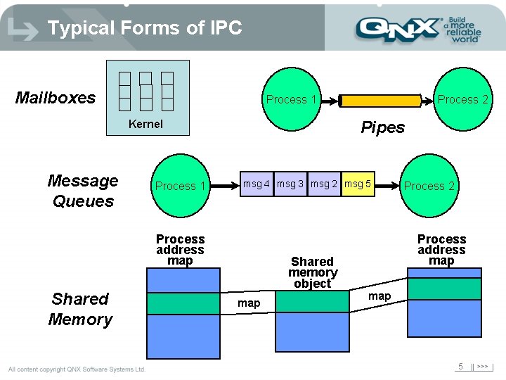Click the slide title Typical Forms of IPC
pyautogui.click(x=144, y=28)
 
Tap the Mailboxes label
pyautogui.click(x=56, y=98)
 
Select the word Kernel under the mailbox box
pyautogui.click(x=145, y=125)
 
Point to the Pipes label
pyautogui.click(x=382, y=127)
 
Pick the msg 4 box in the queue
pyautogui.click(x=257, y=184)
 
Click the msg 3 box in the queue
pyautogui.click(x=290, y=184)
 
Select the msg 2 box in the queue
pyautogui.click(x=324, y=184)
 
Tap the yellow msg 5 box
pyautogui.click(x=358, y=184)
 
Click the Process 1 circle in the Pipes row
pyautogui.click(x=291, y=99)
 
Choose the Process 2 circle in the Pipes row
pyautogui.click(x=462, y=99)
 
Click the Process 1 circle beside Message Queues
pyautogui.click(x=181, y=186)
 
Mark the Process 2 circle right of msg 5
pyautogui.click(x=429, y=186)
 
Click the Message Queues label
pyautogui.click(x=83, y=191)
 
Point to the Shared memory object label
pyautogui.click(x=313, y=272)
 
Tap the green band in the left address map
pyautogui.click(x=181, y=303)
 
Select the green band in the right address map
pyautogui.click(x=444, y=289)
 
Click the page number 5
pyautogui.click(x=460, y=367)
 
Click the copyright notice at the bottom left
pyautogui.click(x=77, y=369)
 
